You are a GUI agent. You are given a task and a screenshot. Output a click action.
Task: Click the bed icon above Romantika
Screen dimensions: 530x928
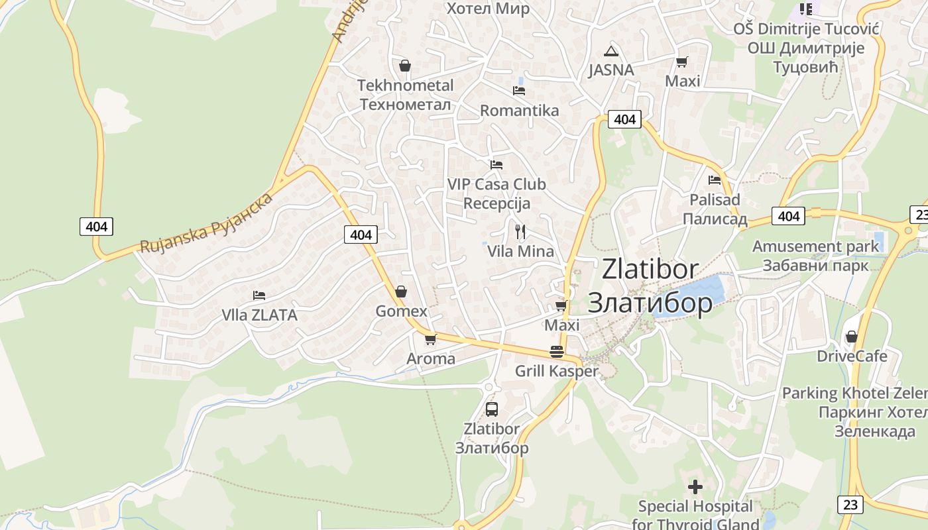tap(519, 91)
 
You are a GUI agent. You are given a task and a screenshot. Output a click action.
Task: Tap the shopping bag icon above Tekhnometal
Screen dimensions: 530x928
tap(405, 66)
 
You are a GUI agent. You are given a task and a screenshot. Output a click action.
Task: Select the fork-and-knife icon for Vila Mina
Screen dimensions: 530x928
tap(520, 232)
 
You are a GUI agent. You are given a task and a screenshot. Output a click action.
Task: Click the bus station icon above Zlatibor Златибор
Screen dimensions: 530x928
tap(491, 409)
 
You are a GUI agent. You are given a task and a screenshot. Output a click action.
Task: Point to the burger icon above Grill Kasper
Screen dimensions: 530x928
tap(557, 352)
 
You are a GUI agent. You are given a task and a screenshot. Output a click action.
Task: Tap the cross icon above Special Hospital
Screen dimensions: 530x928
tap(695, 488)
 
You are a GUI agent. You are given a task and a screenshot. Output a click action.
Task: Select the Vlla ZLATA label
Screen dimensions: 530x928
tap(259, 315)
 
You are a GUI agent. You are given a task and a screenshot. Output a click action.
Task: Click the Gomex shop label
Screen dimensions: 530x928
tap(401, 311)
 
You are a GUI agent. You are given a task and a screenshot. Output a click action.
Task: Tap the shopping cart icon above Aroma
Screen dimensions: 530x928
tap(430, 340)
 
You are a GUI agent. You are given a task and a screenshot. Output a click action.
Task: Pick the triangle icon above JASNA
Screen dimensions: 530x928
tap(611, 51)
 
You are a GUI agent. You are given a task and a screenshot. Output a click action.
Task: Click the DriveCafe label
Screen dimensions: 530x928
tap(852, 356)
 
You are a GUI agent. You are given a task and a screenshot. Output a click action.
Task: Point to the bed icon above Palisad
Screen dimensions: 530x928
tap(715, 180)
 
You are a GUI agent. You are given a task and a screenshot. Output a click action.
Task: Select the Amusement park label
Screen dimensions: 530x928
tap(815, 246)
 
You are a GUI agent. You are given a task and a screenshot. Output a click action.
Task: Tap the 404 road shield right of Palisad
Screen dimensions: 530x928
tap(788, 216)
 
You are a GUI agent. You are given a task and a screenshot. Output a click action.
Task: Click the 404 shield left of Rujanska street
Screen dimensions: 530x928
tap(96, 227)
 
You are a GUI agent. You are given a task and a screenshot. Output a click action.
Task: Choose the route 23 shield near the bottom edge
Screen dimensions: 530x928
tap(850, 505)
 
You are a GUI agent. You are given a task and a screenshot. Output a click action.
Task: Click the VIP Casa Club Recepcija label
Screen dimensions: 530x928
tap(496, 193)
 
